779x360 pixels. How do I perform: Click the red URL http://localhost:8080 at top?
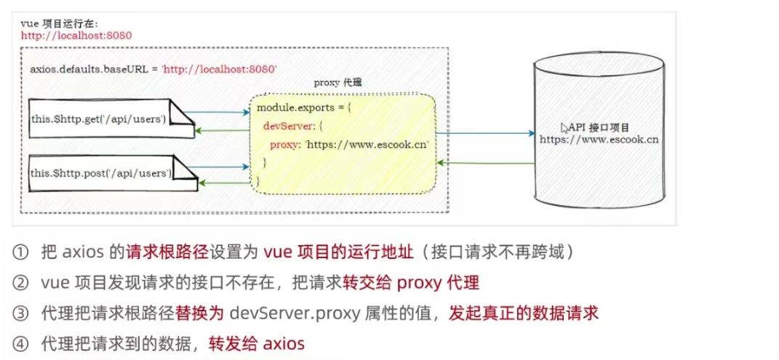click(66, 35)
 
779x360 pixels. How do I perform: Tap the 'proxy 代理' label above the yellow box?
click(337, 83)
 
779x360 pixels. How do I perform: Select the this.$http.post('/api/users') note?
click(101, 172)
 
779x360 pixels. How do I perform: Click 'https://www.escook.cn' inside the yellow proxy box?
click(366, 144)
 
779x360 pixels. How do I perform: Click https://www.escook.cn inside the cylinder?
click(599, 138)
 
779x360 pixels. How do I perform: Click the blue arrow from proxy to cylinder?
click(484, 133)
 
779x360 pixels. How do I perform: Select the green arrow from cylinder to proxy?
click(484, 164)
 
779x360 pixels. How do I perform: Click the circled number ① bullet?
click(20, 252)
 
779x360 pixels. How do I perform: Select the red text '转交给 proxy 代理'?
click(411, 283)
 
